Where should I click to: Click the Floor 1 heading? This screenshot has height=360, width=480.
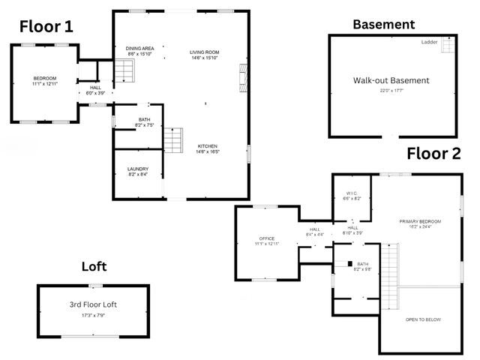[46, 28]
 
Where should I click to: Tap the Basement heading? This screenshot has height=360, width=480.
[383, 24]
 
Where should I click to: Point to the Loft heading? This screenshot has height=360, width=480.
[94, 266]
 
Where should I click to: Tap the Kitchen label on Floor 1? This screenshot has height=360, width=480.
[208, 145]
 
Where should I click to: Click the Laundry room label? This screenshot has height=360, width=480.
[137, 169]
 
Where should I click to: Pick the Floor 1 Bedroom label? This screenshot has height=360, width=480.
[44, 78]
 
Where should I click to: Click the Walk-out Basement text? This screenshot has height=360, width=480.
[391, 80]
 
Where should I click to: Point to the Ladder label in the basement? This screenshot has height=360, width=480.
[430, 42]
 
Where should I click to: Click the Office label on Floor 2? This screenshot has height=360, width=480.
[267, 238]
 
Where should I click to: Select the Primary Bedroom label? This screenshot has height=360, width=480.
[420, 221]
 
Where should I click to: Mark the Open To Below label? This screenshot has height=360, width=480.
[423, 319]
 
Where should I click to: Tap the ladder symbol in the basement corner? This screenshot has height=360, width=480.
[447, 46]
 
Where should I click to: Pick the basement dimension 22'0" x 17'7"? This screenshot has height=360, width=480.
[391, 91]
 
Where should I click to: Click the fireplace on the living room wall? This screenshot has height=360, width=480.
[242, 77]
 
